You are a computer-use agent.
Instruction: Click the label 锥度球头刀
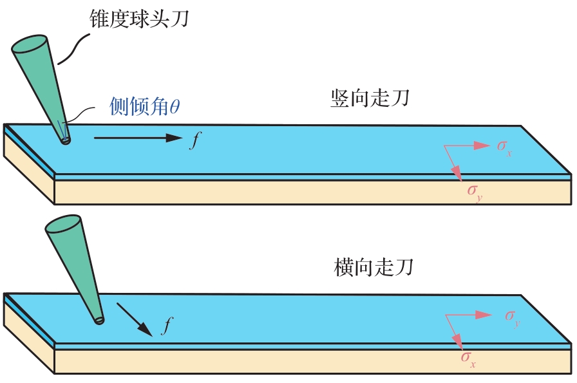139,19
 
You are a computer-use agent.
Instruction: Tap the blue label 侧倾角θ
145,106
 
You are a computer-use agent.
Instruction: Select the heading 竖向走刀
370,98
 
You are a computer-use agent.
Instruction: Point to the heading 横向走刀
374,267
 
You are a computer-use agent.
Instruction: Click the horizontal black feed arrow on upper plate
138,138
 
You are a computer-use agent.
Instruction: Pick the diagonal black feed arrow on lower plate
135,319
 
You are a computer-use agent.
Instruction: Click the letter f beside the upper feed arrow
195,140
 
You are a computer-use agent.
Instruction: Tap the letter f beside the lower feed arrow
167,325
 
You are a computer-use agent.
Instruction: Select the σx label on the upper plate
504,147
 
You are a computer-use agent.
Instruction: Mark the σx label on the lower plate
468,359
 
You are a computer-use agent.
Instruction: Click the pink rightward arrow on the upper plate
468,145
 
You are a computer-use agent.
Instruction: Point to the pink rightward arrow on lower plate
469,315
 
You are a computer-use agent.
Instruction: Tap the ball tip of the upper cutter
66,140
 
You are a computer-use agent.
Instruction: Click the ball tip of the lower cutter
99,321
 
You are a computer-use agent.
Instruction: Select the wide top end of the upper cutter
30,44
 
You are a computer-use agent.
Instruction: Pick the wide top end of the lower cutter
63,224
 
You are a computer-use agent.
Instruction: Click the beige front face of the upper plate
313,192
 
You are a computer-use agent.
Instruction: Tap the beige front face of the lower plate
313,361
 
